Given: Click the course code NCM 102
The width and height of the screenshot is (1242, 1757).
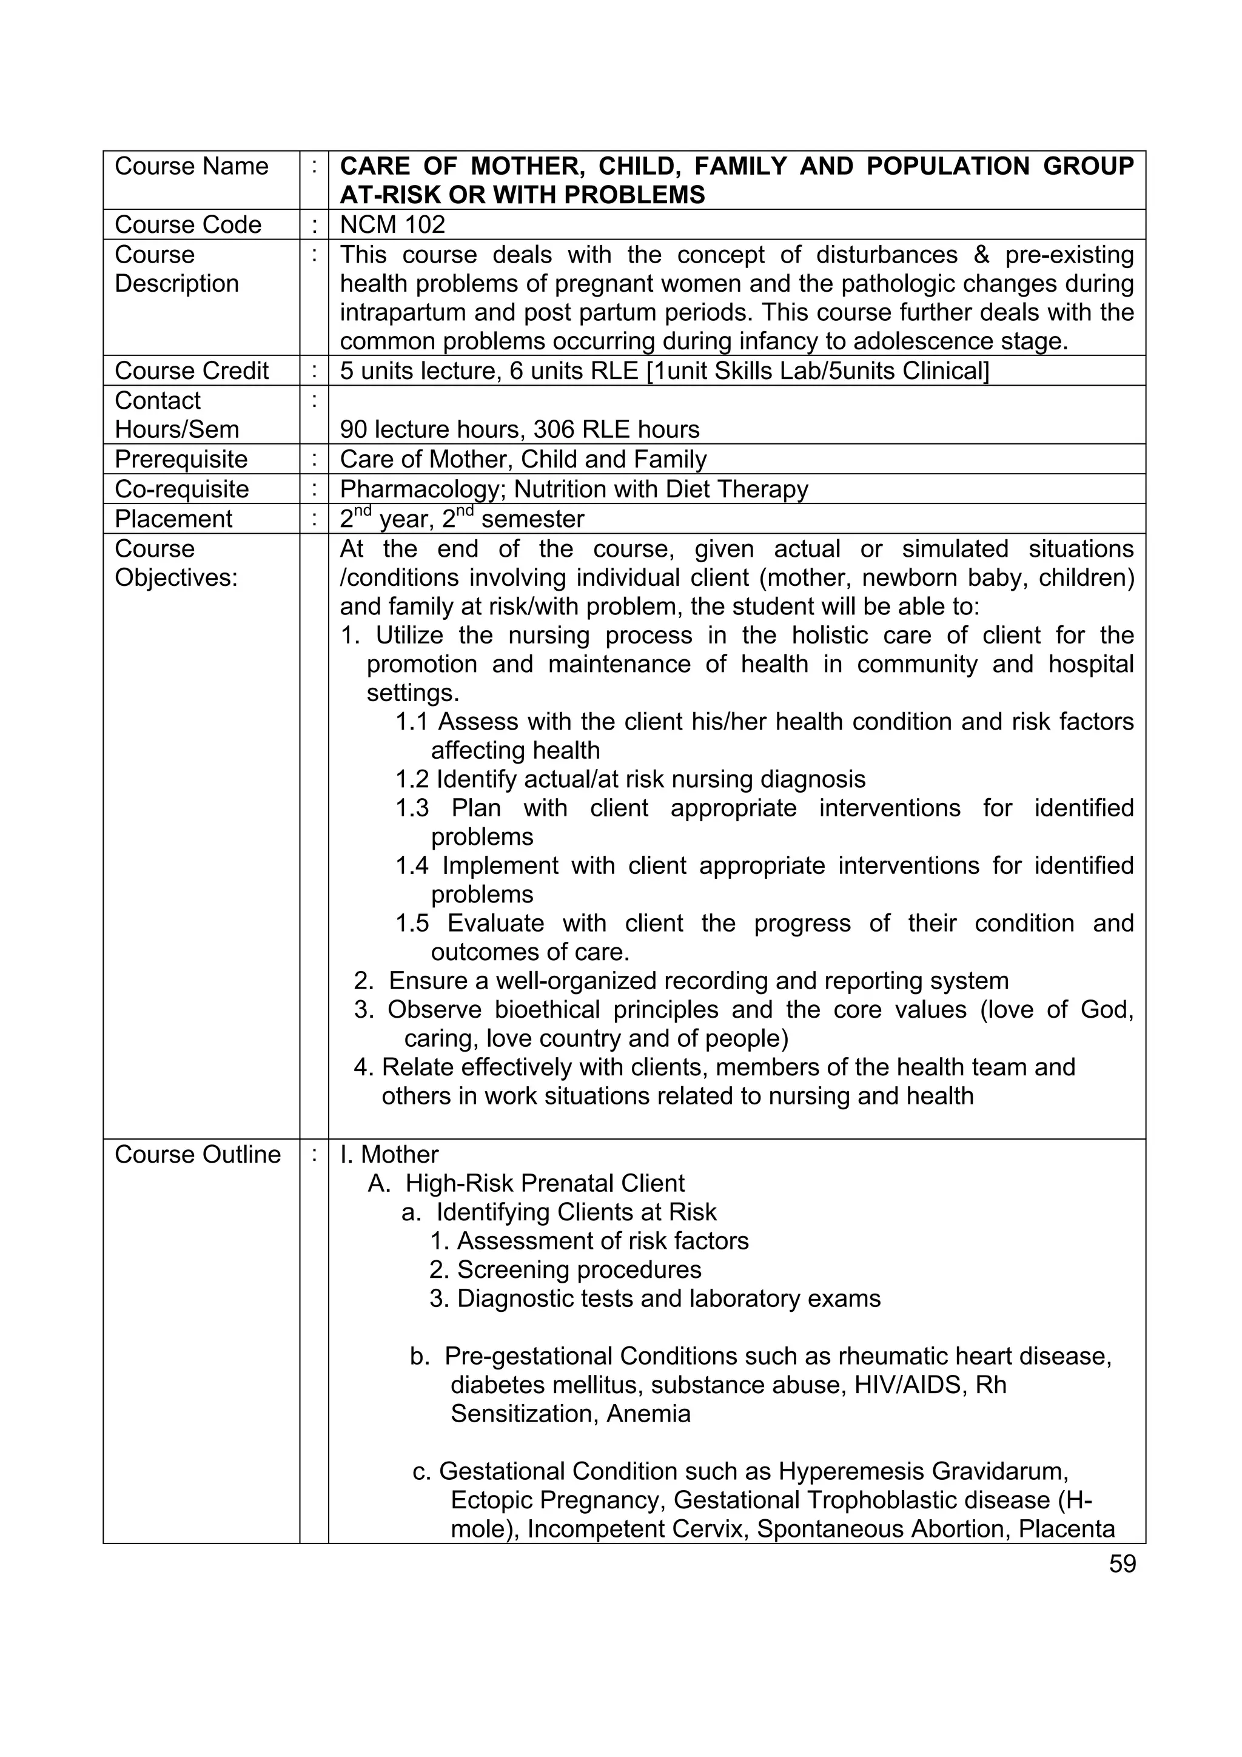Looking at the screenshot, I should [392, 225].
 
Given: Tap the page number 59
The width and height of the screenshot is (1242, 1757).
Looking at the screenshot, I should [1122, 1564].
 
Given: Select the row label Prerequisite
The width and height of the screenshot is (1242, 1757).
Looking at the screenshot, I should [181, 459].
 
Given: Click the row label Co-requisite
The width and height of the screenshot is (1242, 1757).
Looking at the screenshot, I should [182, 489].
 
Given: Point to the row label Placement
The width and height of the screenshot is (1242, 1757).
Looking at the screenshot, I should [173, 519].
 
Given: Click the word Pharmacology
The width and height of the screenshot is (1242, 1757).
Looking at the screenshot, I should [418, 489].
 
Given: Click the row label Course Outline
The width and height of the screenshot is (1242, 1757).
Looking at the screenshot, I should [198, 1154].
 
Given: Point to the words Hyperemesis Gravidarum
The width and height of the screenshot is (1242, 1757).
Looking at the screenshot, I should [923, 1471].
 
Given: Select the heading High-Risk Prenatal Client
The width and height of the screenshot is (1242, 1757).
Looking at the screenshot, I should [544, 1183].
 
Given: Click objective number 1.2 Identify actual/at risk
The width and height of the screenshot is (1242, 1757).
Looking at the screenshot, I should [630, 779].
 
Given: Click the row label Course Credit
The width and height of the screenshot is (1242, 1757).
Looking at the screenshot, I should [191, 371].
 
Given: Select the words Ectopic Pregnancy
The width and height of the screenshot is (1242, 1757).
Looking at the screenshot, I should [558, 1500].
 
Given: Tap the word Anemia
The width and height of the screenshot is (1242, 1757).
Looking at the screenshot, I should [648, 1413].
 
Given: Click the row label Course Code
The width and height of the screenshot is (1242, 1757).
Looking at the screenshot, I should [187, 225].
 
